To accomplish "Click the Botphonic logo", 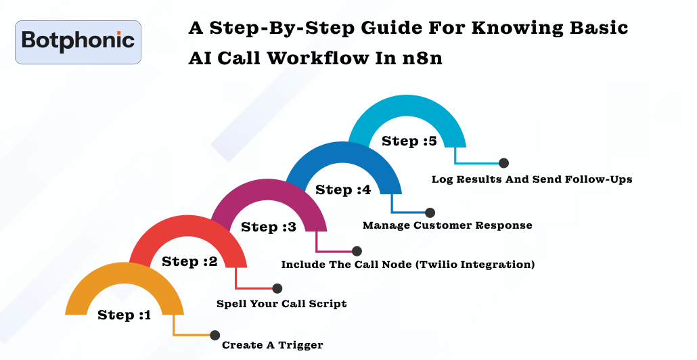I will [x=78, y=41].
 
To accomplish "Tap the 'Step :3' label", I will [x=268, y=227].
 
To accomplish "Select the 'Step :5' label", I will [x=409, y=141].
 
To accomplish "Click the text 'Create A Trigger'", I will [x=272, y=345].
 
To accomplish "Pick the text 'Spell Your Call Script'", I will [x=282, y=304].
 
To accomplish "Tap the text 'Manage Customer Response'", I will [x=447, y=225].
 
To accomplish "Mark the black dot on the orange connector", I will [x=215, y=335].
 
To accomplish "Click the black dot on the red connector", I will [x=277, y=288].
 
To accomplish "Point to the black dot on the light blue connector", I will [x=503, y=163].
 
